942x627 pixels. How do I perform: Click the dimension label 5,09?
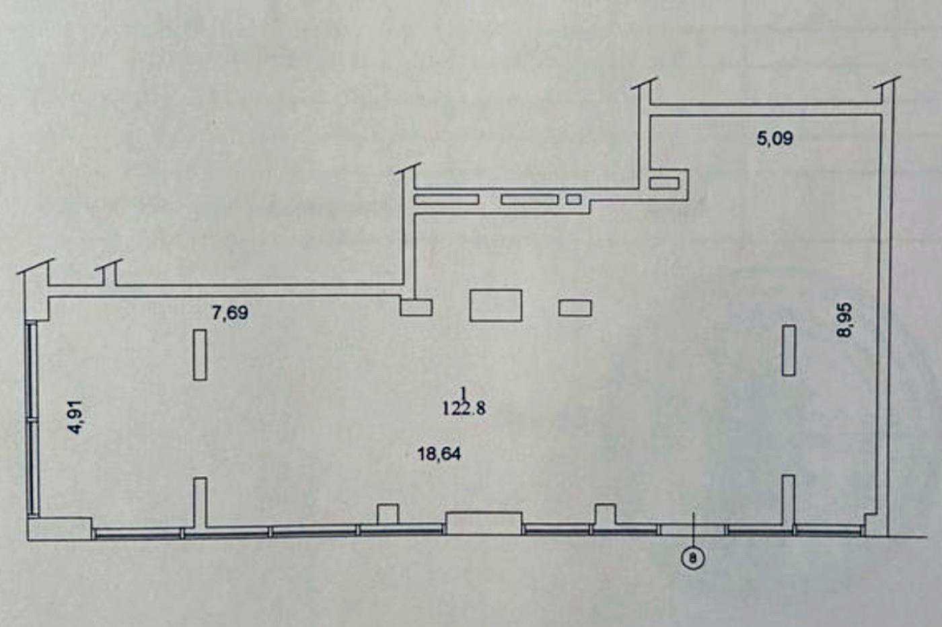[774, 139]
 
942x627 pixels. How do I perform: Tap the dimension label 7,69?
[229, 313]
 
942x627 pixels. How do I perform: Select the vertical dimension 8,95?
[844, 320]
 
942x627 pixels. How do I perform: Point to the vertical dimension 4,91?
[77, 416]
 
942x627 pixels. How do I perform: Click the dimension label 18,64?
[439, 453]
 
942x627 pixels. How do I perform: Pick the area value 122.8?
[464, 408]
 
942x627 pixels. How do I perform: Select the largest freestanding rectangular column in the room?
[496, 305]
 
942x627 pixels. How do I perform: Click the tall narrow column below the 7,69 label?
[201, 355]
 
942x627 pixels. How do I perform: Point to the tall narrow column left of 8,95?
[789, 351]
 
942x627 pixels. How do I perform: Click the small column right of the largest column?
[575, 308]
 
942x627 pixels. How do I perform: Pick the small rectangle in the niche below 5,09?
[665, 184]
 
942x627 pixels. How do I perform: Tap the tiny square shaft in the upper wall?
[573, 199]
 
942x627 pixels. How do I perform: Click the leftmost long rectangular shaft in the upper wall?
[446, 199]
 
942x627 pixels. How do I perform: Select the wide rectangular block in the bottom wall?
[484, 523]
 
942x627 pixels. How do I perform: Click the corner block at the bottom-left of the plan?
[60, 529]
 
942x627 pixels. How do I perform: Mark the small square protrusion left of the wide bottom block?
[388, 514]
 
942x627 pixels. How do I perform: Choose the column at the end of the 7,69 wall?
[416, 307]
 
